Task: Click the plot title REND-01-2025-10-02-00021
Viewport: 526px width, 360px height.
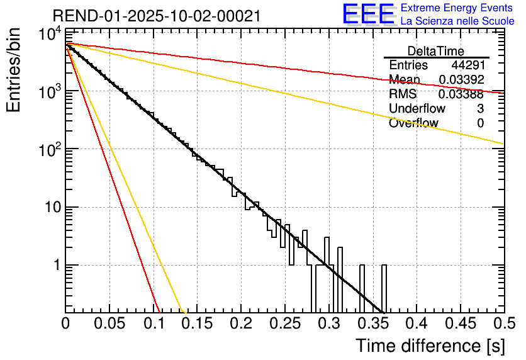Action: (x=157, y=16)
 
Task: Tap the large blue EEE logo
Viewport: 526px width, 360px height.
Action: (x=368, y=15)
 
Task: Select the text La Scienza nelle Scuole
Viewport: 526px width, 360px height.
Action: (x=457, y=21)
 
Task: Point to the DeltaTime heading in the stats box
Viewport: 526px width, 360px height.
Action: (x=436, y=51)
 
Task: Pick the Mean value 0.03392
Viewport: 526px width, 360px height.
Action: (x=461, y=80)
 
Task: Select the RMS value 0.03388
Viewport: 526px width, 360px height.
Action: (x=461, y=94)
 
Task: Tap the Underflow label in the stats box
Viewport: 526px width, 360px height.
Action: (x=416, y=109)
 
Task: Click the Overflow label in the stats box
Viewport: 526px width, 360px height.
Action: (x=413, y=123)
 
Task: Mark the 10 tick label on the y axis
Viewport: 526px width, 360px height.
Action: (x=50, y=208)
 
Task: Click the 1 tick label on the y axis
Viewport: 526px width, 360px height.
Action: (x=55, y=266)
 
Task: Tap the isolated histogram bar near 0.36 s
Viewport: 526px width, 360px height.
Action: (x=384, y=288)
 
